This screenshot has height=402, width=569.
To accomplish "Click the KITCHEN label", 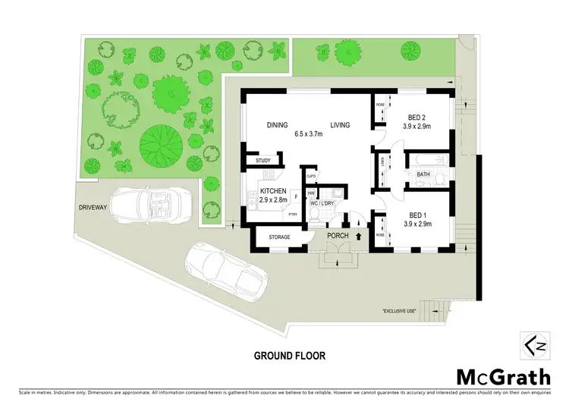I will coord(272,190).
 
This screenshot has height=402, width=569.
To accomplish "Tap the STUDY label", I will coord(263,161).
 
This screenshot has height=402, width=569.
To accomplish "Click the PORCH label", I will coord(337,236).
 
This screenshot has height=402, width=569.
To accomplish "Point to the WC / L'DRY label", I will coord(322,203).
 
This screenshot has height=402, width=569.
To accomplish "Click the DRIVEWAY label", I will coord(94,206).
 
